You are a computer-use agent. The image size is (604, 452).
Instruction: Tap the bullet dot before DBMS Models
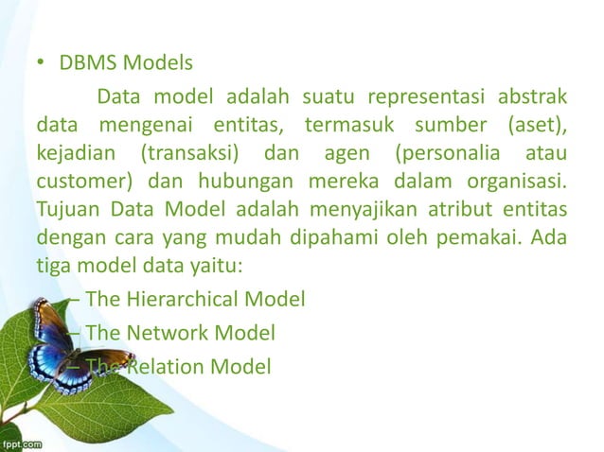[x=42, y=65]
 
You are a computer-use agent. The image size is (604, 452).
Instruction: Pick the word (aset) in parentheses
[x=537, y=125]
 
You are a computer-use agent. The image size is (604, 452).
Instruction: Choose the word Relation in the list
[x=161, y=365]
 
